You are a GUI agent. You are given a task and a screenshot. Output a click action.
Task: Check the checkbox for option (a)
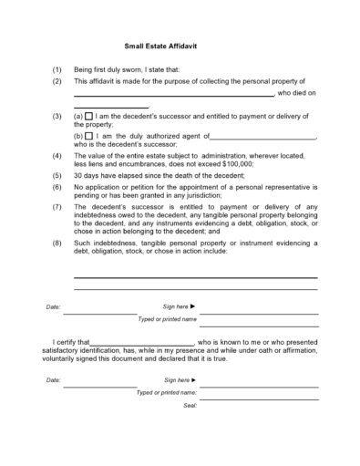click(x=89, y=117)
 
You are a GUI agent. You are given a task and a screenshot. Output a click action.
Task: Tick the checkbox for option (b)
click(x=89, y=136)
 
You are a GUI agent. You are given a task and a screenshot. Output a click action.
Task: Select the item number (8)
click(x=57, y=243)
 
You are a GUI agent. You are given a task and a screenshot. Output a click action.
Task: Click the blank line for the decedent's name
click(x=173, y=95)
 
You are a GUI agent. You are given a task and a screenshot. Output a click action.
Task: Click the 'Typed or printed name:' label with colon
click(x=167, y=392)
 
